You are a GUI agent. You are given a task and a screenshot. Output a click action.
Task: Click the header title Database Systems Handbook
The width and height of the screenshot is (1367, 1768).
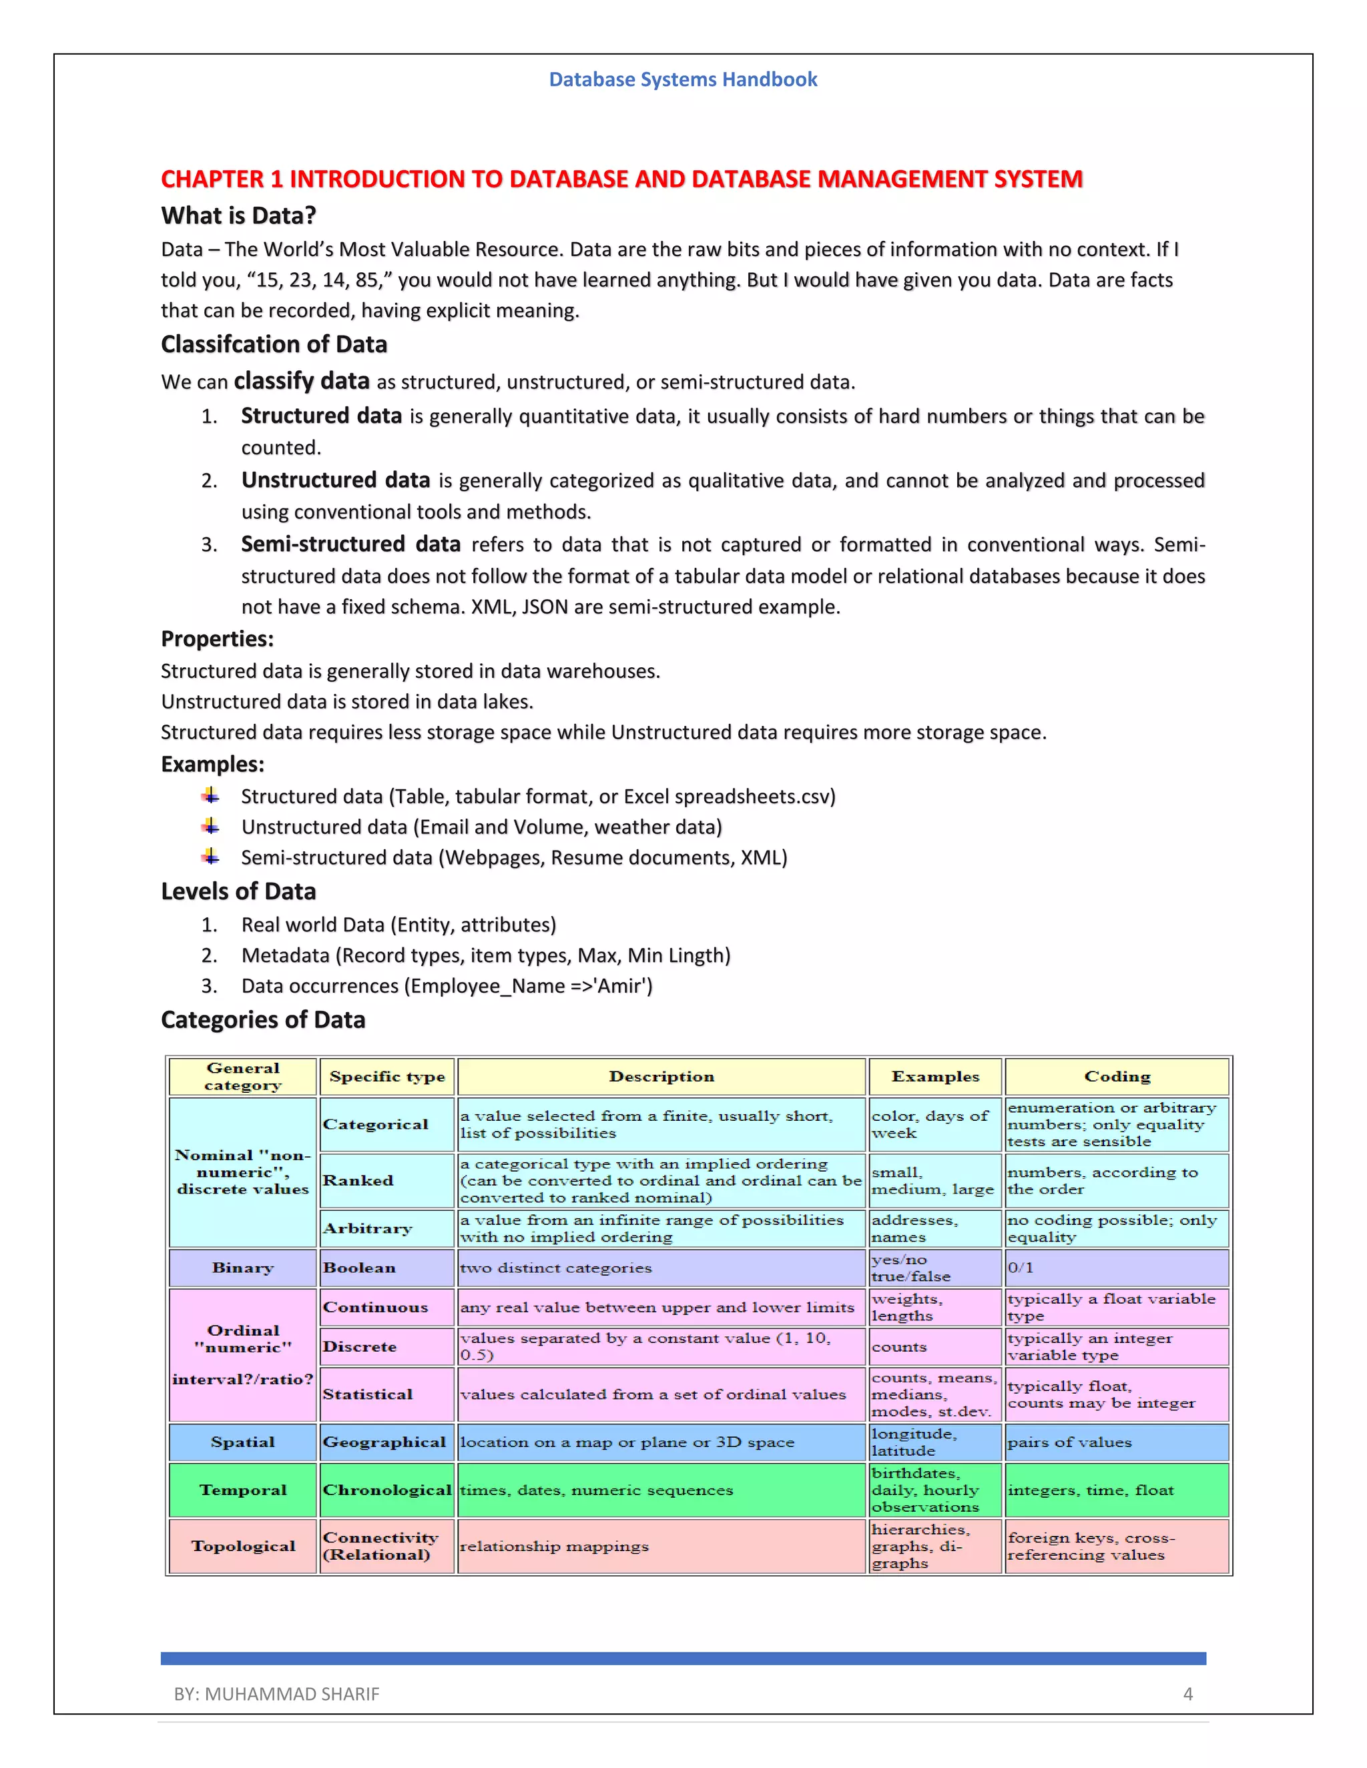pyautogui.click(x=683, y=79)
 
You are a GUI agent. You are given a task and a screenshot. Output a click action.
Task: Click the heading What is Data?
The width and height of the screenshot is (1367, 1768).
pyautogui.click(x=238, y=215)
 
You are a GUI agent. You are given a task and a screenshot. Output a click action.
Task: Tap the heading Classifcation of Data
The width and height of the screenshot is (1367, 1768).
pyautogui.click(x=274, y=344)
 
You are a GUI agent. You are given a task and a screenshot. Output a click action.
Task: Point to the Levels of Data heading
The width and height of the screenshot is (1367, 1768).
pyautogui.click(x=238, y=891)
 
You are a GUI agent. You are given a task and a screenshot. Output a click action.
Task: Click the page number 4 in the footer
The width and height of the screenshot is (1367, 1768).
pyautogui.click(x=1187, y=1693)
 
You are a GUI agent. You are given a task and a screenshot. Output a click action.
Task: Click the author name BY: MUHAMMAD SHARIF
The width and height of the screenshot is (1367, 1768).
pyautogui.click(x=276, y=1693)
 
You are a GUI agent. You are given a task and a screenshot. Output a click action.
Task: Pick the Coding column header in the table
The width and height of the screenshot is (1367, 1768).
pyautogui.click(x=1117, y=1077)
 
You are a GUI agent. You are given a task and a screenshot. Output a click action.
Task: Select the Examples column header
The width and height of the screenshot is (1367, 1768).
pyautogui.click(x=934, y=1077)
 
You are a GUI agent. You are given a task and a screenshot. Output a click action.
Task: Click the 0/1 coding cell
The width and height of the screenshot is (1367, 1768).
pyautogui.click(x=1021, y=1268)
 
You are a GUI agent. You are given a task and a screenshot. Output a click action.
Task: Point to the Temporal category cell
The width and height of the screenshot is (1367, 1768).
pyautogui.click(x=243, y=1490)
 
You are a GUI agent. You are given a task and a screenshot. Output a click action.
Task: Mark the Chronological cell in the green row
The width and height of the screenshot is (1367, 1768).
pyautogui.click(x=387, y=1490)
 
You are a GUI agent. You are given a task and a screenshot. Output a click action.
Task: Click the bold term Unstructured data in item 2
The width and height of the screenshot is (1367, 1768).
pyautogui.click(x=335, y=480)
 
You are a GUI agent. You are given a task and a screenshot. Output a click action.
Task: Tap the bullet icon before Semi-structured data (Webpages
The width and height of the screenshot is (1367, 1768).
pyautogui.click(x=210, y=856)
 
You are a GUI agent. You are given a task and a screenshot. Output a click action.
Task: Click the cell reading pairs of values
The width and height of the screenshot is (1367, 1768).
pyautogui.click(x=1069, y=1442)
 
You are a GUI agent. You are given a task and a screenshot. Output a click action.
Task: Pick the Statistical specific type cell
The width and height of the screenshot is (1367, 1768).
pyautogui.click(x=368, y=1394)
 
